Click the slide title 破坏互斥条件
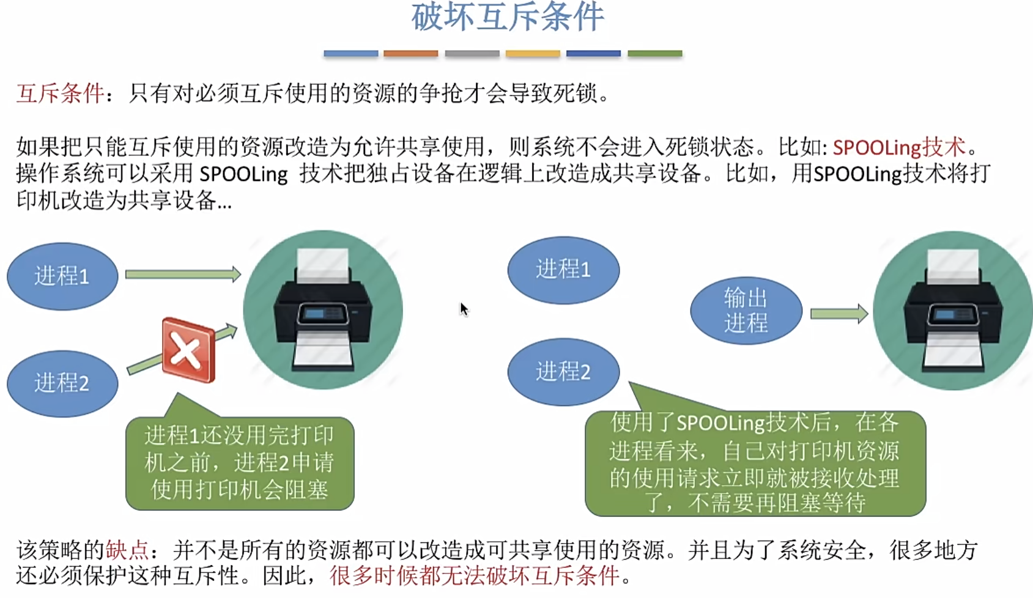(508, 17)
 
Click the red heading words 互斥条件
(60, 94)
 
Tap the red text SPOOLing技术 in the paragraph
(898, 147)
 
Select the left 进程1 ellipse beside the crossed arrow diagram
(62, 276)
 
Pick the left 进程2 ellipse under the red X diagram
(62, 383)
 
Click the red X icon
(188, 350)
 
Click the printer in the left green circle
(323, 311)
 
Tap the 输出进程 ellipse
(746, 311)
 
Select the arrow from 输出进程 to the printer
(839, 314)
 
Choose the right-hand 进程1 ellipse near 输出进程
(563, 270)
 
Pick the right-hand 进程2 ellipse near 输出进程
(563, 372)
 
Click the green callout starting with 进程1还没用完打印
(240, 463)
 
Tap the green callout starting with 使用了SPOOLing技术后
(755, 463)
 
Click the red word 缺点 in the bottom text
(127, 550)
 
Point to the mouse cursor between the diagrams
(464, 309)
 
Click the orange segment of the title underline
(410, 54)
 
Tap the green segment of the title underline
(654, 54)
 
